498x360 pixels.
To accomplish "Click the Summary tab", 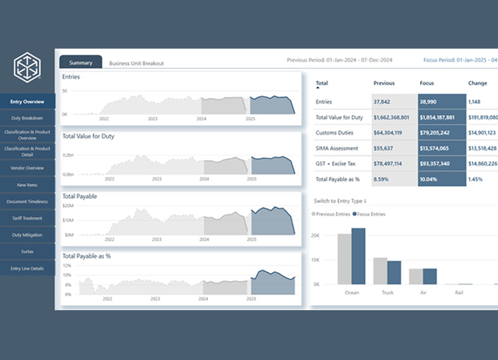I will point(81,62).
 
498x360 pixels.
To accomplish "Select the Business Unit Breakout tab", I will point(136,64).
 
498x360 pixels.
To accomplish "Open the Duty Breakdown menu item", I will point(27,118).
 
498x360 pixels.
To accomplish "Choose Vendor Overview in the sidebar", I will point(27,168).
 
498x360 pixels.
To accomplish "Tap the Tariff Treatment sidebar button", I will point(27,219).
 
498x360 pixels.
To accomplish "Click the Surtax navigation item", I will point(27,252).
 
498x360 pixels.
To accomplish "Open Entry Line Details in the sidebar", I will point(27,268).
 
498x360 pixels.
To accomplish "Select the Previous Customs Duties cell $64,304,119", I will point(388,133).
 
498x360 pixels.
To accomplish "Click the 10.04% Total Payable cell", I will point(429,179).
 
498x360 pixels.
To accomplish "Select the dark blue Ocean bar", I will point(359,255).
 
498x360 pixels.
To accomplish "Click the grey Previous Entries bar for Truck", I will point(380,270).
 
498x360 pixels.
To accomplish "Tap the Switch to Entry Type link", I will point(340,201).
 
